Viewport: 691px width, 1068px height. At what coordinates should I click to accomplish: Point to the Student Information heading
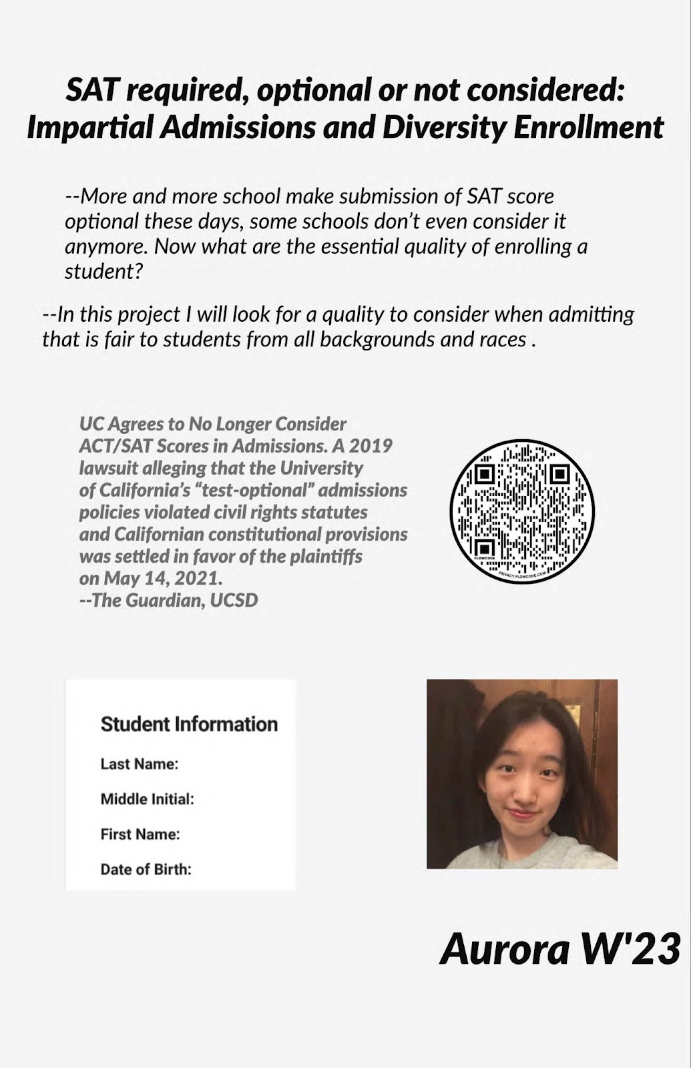(189, 724)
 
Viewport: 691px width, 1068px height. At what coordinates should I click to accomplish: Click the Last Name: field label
(140, 764)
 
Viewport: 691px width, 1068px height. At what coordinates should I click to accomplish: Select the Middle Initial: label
(147, 799)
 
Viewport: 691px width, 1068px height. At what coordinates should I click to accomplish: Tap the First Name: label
(140, 834)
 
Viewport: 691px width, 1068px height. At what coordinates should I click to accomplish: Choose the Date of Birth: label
(146, 870)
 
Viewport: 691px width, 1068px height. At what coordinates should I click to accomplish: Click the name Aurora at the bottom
(505, 949)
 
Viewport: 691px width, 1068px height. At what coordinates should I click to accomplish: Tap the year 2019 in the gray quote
(371, 445)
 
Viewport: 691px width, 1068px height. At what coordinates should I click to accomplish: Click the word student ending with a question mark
(104, 272)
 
